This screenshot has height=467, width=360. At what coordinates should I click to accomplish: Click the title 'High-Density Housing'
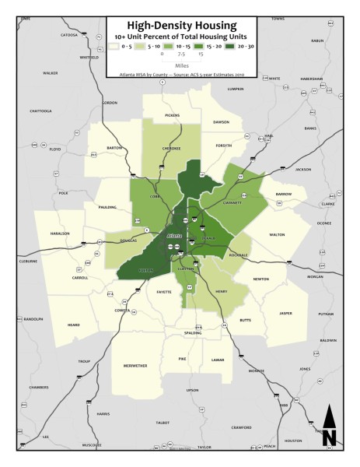click(x=180, y=23)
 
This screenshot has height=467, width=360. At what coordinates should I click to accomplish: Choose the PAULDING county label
click(x=107, y=207)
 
